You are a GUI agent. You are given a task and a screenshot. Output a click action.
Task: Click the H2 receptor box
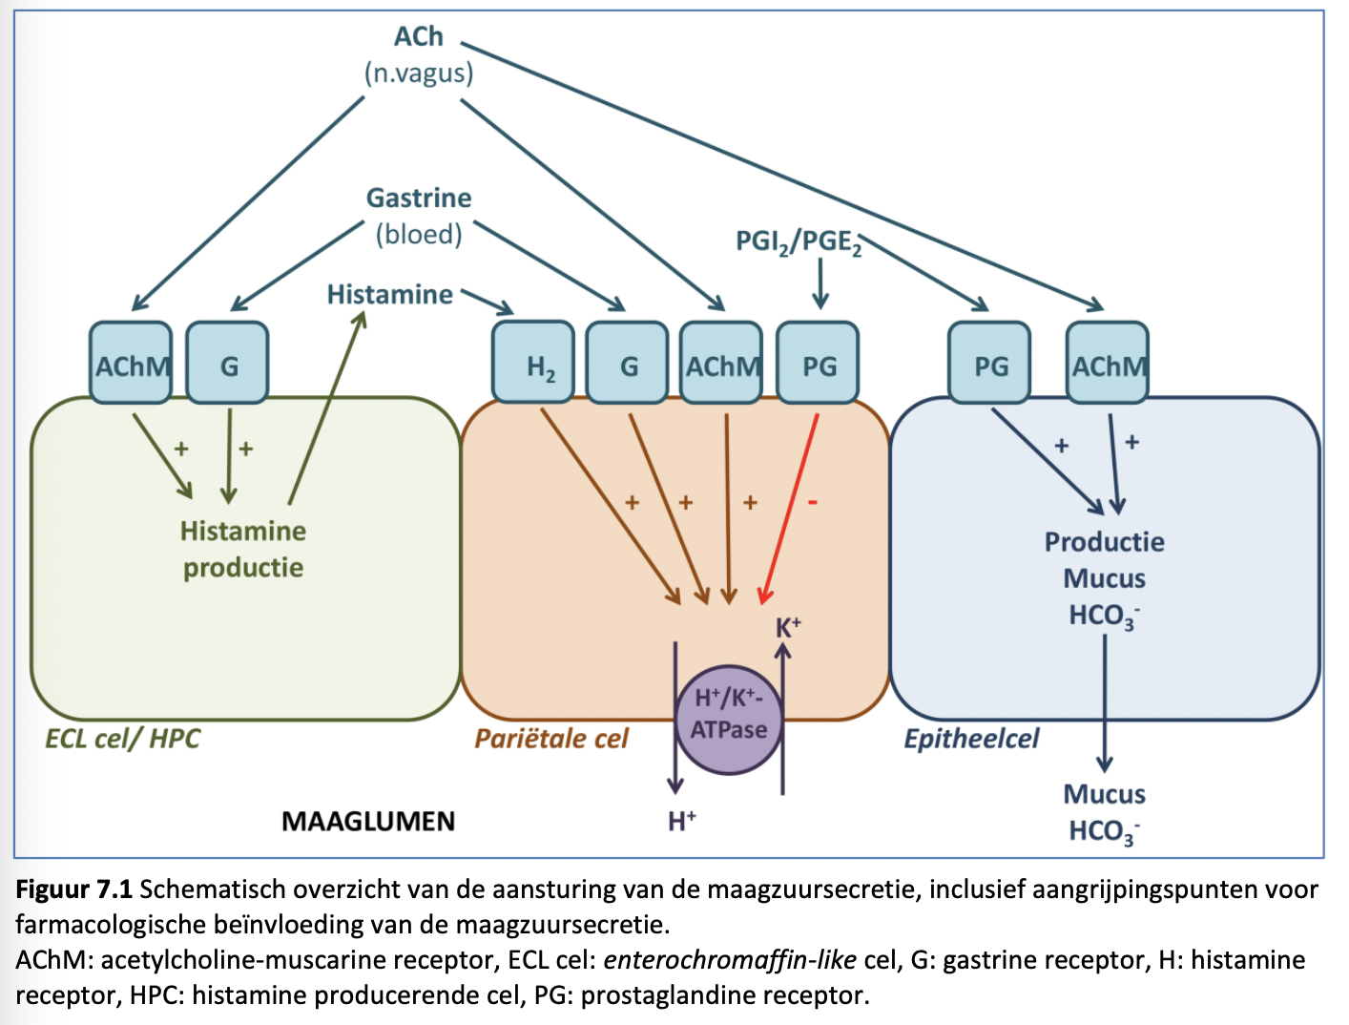coord(533,364)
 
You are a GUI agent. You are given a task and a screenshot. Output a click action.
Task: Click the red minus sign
coord(813,502)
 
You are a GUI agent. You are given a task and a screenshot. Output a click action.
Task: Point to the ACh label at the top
coord(419,36)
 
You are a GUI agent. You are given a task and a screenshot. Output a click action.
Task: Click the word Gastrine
coord(419,198)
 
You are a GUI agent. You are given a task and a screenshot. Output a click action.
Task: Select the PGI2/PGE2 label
coord(799,242)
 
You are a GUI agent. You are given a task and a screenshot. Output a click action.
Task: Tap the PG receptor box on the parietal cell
coord(819,364)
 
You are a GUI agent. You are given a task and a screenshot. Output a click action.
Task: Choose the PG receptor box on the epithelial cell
coord(990,364)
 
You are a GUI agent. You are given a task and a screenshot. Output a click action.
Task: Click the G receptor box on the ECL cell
coord(228,364)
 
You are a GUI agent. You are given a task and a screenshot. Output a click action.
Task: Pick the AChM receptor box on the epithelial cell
coord(1108,364)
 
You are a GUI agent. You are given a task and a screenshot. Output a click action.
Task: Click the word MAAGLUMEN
coord(368,821)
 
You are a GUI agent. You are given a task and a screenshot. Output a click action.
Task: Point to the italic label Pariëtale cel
coord(551,739)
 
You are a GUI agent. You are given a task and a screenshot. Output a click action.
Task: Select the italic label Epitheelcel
coord(971,739)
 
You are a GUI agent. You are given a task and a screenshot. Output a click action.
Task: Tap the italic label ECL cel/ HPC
coord(122,739)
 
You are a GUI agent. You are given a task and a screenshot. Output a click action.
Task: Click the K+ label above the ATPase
coord(788,627)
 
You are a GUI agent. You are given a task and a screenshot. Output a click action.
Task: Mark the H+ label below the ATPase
coord(681,821)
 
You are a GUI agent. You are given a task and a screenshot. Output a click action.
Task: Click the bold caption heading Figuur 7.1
coord(73,889)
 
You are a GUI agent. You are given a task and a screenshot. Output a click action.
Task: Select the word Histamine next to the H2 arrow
coord(389,294)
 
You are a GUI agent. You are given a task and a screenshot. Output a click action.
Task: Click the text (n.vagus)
coord(419,73)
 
